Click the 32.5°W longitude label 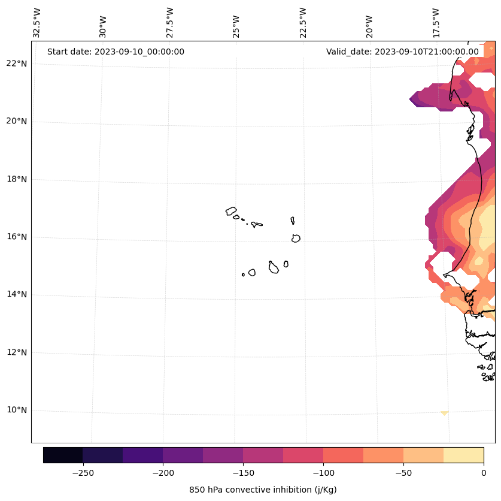[37, 22]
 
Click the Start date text [116, 52]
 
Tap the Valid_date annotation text [402, 52]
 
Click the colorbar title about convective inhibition [263, 490]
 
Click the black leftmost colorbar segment [63, 455]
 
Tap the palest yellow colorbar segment [463, 455]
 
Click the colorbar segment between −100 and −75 [343, 455]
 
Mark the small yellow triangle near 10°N [444, 413]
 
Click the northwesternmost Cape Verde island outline [231, 211]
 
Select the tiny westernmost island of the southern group [243, 274]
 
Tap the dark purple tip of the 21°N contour [414, 99]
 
